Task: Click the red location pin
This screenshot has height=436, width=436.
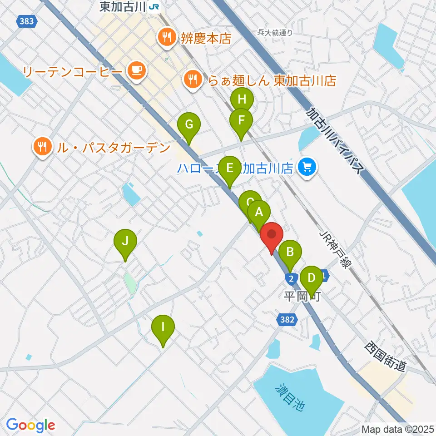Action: tap(272, 235)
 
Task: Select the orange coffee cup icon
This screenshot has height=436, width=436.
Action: tap(137, 71)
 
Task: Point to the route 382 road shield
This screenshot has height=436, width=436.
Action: tap(287, 320)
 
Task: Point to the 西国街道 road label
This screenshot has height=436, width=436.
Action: tap(384, 357)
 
